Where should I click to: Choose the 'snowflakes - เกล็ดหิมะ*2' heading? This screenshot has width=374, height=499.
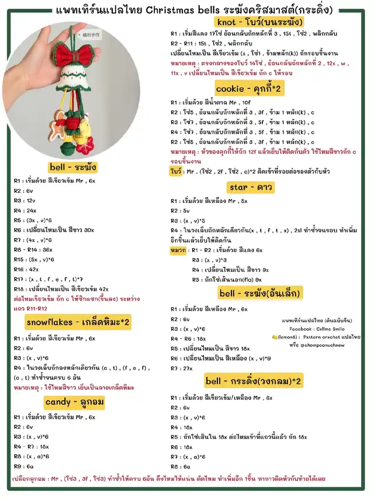78,322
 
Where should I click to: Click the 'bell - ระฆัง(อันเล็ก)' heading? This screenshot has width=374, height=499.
260,292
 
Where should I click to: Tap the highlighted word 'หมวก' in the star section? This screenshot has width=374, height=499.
178,250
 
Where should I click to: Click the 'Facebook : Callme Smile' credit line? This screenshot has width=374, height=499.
317,329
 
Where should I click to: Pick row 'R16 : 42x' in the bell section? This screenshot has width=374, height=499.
27,269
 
